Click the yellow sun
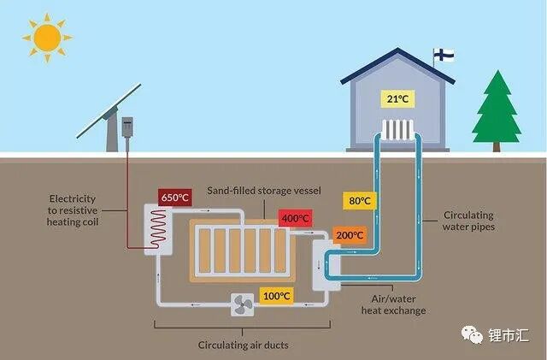(x=46, y=37)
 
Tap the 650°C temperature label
(x=174, y=198)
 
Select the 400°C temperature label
(x=295, y=219)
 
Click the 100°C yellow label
(x=276, y=297)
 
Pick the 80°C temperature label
(x=360, y=201)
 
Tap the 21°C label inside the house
(x=397, y=99)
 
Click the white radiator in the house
(x=397, y=130)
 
